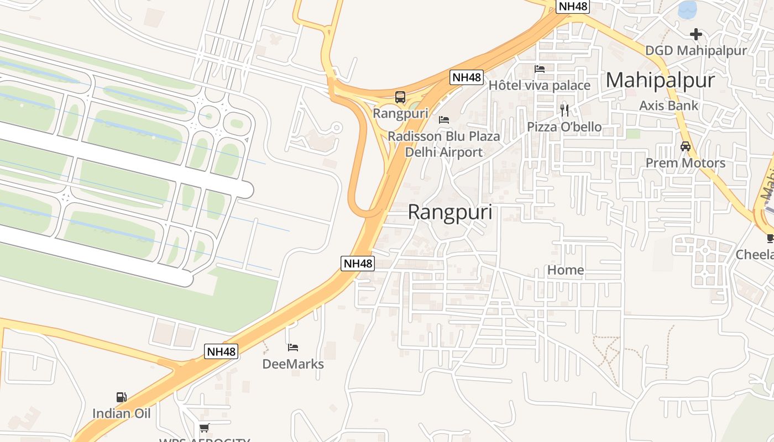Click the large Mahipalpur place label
[x=660, y=81]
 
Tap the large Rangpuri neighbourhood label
[x=450, y=212]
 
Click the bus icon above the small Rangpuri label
[x=400, y=97]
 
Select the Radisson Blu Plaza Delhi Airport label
[x=444, y=144]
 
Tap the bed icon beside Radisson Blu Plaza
[x=443, y=119]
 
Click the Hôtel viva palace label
[x=539, y=86]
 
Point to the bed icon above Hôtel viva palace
[x=540, y=69]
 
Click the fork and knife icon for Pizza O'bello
[x=564, y=110]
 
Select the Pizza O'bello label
[x=564, y=127]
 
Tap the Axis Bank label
[x=668, y=106]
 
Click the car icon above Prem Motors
[x=686, y=146]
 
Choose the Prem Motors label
[x=686, y=163]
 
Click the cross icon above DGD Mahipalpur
[x=696, y=34]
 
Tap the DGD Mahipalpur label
[x=696, y=51]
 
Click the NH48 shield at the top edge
[x=573, y=7]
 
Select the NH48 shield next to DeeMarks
[x=221, y=351]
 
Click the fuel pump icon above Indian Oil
[x=121, y=397]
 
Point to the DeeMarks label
[x=293, y=364]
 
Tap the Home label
[x=566, y=270]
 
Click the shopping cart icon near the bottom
[x=204, y=428]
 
